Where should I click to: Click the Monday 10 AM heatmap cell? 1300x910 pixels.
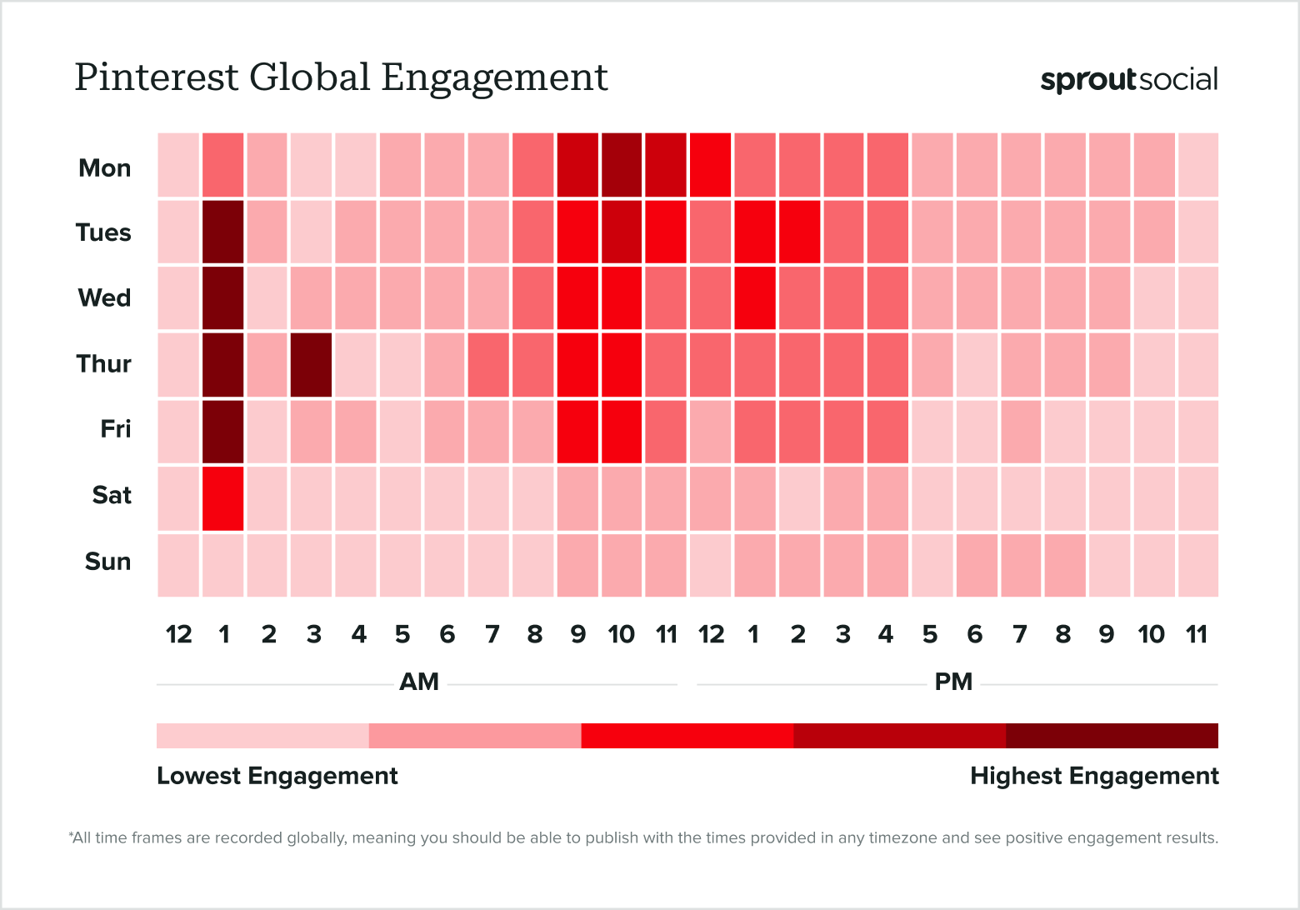point(621,165)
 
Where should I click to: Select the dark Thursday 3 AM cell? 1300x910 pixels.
point(312,365)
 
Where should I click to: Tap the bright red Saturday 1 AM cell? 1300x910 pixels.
point(223,498)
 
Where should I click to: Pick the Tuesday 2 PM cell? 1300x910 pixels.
point(799,232)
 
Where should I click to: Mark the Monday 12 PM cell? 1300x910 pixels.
point(710,165)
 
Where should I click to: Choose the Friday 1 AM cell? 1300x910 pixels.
point(223,432)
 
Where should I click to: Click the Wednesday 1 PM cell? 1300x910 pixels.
point(755,298)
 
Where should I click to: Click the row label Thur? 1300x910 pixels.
point(104,364)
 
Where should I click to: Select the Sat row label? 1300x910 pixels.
point(112,495)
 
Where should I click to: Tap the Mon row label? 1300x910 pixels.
point(105,168)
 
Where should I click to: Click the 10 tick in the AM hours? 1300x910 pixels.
point(621,635)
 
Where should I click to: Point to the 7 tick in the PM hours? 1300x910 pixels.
point(1019,635)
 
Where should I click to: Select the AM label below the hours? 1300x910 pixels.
point(419,682)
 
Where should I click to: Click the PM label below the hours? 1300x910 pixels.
point(953,682)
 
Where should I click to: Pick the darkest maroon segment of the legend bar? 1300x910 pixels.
point(1112,736)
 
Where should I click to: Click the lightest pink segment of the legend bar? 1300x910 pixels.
point(262,736)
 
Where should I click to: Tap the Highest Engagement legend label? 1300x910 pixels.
point(1094,776)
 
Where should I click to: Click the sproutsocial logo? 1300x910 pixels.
point(1128,80)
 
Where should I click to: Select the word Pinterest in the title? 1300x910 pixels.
point(157,77)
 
